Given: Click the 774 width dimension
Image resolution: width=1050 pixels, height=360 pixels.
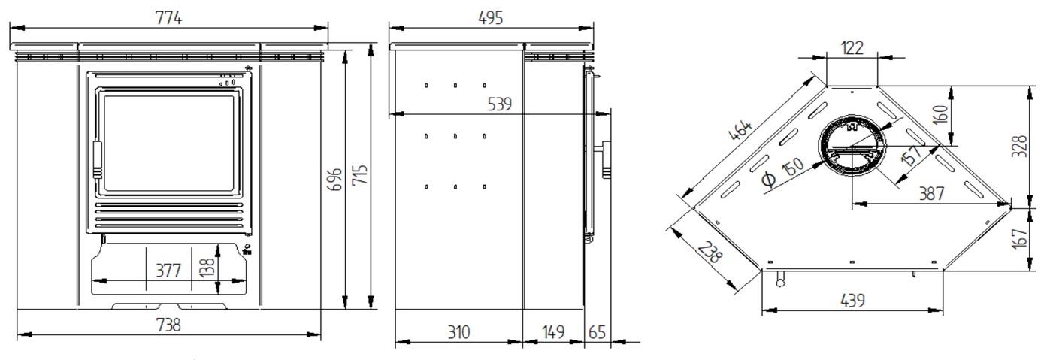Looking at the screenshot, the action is (168, 18).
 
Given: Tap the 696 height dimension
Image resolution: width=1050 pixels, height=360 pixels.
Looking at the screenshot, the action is (334, 180).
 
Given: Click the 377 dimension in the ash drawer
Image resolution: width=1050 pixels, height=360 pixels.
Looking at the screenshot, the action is (168, 271).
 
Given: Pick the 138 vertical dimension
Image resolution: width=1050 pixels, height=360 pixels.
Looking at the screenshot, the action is (207, 268).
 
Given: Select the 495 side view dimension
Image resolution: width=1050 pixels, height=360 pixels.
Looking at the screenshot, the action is (490, 18).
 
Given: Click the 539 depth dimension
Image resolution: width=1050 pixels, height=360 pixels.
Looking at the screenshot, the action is (499, 104).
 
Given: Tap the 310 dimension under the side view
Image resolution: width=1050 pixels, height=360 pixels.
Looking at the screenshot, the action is (458, 332).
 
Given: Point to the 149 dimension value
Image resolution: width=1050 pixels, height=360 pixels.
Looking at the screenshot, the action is (553, 332).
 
